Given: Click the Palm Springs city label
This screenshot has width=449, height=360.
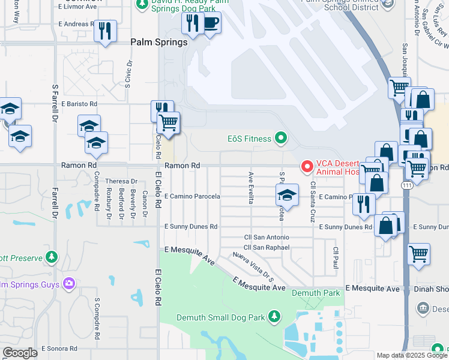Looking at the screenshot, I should (x=159, y=43).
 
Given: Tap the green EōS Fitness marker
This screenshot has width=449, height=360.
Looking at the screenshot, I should (x=280, y=139).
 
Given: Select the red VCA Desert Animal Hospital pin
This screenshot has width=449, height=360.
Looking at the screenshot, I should (x=307, y=166).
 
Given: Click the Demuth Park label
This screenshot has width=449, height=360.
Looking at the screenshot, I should (x=311, y=293).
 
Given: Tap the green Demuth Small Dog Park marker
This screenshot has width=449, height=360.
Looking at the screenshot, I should (x=274, y=316).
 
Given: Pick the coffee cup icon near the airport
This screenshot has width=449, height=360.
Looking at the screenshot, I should (x=210, y=23).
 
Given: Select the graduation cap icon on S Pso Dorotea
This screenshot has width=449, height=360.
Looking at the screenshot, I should (x=287, y=195).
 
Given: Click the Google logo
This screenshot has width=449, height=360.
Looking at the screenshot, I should (x=20, y=353).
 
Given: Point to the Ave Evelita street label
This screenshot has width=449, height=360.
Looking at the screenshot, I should (x=250, y=188).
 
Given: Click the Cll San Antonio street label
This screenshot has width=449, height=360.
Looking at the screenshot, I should (x=266, y=238).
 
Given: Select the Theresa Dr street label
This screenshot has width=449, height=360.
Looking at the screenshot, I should (x=121, y=181).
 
